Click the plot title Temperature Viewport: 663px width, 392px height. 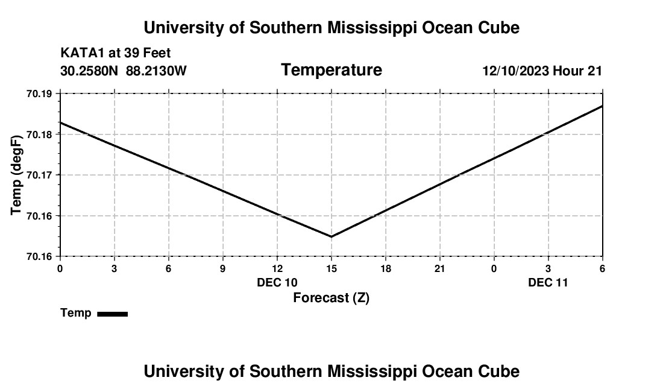click(331, 70)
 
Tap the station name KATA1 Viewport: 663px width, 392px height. click(81, 54)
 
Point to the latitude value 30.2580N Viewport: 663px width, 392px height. click(90, 71)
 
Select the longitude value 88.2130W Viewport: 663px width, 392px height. click(156, 71)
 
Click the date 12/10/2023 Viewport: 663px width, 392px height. click(515, 71)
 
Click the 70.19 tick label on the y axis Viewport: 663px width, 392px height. click(39, 93)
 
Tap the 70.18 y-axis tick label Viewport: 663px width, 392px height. click(39, 134)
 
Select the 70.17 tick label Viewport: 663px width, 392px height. click(39, 175)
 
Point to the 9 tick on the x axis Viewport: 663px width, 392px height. click(223, 268)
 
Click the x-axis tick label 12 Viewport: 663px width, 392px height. click(277, 268)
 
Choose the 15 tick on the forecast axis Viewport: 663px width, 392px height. click(331, 268)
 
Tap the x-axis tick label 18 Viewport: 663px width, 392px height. click(386, 268)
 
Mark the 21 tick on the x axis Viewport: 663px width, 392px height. click(440, 268)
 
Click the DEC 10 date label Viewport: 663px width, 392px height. click(277, 282)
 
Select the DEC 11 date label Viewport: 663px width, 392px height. click(548, 282)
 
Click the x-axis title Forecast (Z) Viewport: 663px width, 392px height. click(331, 297)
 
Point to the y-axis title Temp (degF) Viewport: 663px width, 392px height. click(17, 175)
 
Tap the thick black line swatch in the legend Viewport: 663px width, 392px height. click(113, 314)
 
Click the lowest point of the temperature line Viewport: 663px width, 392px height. click(331, 236)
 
